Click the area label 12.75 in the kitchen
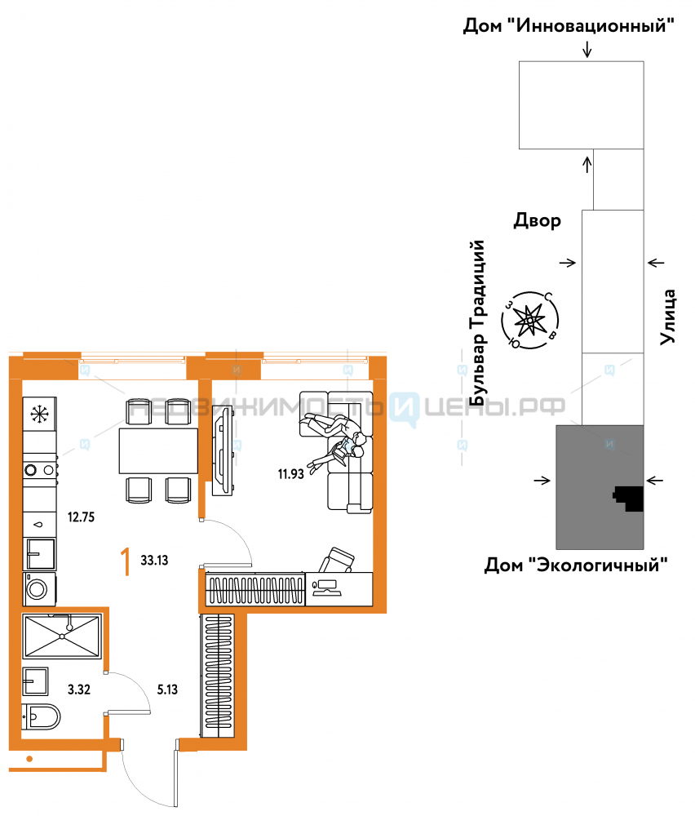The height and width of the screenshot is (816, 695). coord(81,517)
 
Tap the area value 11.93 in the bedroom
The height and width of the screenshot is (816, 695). coord(290,474)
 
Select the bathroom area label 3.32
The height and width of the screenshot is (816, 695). coord(79,690)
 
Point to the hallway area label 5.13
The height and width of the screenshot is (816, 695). coord(167,690)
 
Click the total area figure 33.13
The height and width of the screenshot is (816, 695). coord(154,560)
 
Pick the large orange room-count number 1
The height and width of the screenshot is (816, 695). coord(125,561)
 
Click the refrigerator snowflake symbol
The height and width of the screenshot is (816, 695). coord(39,415)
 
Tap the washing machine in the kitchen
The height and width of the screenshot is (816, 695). coord(39,588)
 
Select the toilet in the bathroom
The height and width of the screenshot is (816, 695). coord(41,717)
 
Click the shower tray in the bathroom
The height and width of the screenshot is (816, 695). coord(62,636)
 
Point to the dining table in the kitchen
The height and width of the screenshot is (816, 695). coord(158,450)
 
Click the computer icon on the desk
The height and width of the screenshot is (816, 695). coord(326,588)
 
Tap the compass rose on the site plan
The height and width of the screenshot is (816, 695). coord(529,320)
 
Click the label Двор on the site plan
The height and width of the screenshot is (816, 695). coord(538,220)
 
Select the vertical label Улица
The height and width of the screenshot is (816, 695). coord(667,317)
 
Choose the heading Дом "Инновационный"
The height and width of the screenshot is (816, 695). coord(569,25)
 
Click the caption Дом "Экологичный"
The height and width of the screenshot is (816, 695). coord(576,565)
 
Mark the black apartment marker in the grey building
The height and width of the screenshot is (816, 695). coord(629,499)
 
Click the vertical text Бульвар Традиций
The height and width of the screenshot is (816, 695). coord(477,322)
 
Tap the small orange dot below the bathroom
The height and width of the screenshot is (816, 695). coord(29,759)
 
